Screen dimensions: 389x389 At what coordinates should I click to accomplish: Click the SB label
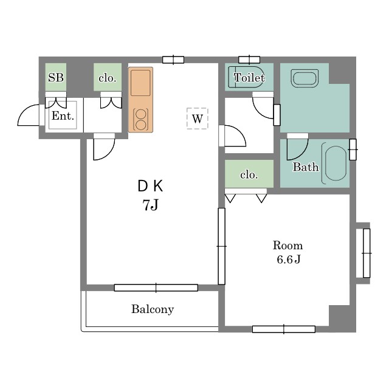(56, 78)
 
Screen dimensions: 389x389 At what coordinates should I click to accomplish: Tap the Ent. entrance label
(63, 116)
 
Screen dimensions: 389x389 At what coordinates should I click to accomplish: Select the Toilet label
(249, 78)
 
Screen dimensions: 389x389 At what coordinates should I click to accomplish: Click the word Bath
(306, 167)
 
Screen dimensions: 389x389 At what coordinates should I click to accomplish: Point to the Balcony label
(153, 309)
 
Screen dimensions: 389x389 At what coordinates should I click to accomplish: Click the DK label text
(150, 187)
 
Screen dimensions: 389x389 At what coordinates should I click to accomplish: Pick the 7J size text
(150, 205)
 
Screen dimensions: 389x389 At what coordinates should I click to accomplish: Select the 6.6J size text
(289, 260)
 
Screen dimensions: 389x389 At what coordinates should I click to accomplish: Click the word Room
(287, 246)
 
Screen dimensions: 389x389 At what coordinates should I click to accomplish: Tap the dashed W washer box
(197, 119)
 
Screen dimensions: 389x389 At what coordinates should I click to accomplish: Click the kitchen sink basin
(140, 83)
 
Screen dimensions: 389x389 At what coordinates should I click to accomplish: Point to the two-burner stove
(140, 119)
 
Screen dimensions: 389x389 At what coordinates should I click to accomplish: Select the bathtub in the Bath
(335, 164)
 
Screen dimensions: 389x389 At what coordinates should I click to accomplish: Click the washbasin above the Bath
(305, 78)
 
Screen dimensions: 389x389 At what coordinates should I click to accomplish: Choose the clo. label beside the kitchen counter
(108, 78)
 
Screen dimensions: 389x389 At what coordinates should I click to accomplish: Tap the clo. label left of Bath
(249, 175)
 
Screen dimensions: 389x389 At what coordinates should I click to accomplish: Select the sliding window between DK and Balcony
(156, 287)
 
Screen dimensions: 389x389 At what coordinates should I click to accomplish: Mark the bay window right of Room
(367, 253)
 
